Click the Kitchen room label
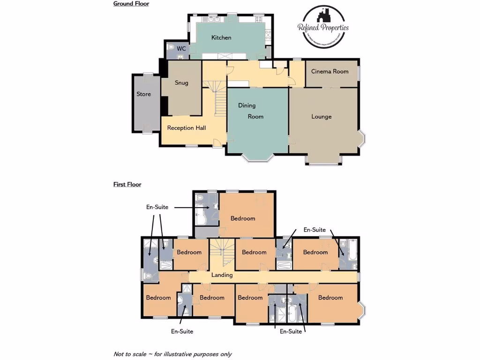point(221,37)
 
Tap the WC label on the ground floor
point(181,49)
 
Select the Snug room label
point(181,83)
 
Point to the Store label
point(143,94)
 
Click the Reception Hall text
point(187,128)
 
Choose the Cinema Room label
point(330,72)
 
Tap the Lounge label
point(322,117)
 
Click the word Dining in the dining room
point(247,105)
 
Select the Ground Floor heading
point(131,4)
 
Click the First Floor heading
point(127,185)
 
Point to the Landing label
point(222,275)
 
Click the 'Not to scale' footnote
point(172,354)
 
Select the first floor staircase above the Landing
point(222,253)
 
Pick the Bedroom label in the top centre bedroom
point(243,218)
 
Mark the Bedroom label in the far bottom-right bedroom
point(330,298)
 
